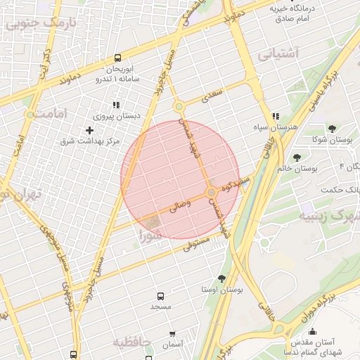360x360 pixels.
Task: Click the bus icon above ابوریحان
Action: pos(117,58)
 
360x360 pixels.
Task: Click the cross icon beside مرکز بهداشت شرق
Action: pos(89,130)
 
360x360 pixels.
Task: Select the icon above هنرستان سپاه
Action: pos(276,116)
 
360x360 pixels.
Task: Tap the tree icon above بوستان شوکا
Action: pos(332,129)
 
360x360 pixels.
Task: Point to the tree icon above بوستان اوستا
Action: pos(222,278)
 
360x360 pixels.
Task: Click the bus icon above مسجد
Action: pos(161,296)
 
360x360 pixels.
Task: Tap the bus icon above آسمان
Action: pos(172,333)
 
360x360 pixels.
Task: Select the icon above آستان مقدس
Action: pos(313,331)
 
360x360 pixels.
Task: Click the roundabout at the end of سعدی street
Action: pos(179,107)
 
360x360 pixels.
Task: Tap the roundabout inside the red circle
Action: pos(211,193)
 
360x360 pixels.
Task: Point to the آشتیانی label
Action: pos(278,53)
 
